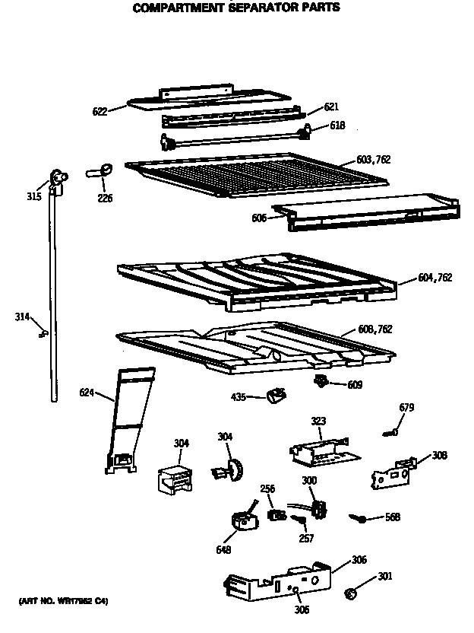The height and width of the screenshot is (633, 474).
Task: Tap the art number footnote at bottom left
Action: point(62,602)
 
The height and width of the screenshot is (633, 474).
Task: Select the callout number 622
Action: point(100,111)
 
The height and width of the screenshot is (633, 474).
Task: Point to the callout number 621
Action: point(330,108)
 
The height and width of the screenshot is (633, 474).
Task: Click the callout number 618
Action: point(337,126)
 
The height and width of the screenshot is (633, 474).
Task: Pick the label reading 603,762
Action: point(374,160)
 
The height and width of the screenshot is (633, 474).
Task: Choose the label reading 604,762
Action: point(434,278)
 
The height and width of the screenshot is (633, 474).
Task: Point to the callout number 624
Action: point(87,393)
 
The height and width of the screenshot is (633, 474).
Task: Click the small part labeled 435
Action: point(274,393)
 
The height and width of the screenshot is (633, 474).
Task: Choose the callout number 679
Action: point(406,408)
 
